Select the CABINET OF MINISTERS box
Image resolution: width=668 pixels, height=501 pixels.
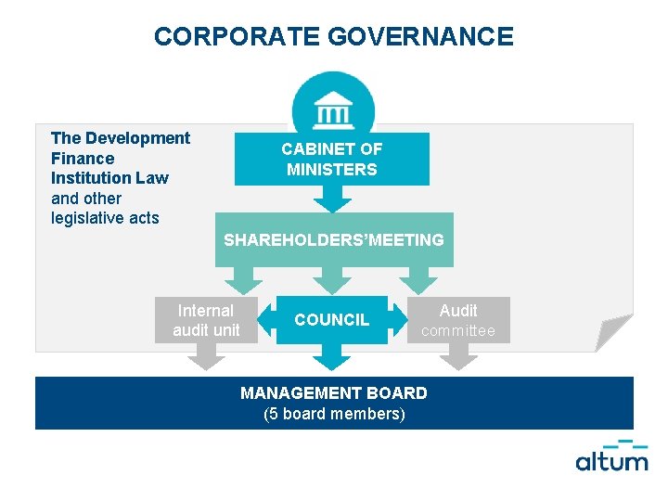click(x=332, y=159)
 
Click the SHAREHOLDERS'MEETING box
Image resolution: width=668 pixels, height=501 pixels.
click(x=334, y=240)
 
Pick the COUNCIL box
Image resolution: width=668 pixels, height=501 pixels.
click(x=332, y=320)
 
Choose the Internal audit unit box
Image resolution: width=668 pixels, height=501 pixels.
click(x=206, y=320)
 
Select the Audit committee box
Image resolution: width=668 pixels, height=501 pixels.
click(x=458, y=320)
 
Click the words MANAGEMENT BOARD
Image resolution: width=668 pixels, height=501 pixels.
click(x=334, y=393)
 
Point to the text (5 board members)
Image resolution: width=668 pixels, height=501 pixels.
click(x=334, y=414)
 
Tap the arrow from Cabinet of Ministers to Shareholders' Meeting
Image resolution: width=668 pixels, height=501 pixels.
click(x=332, y=199)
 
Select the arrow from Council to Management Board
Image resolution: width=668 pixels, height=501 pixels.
click(x=332, y=357)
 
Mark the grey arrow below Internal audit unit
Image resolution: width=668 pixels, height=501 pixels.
click(x=206, y=355)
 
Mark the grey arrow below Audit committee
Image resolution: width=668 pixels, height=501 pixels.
click(x=458, y=355)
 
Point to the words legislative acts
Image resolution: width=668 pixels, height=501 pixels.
click(x=105, y=218)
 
